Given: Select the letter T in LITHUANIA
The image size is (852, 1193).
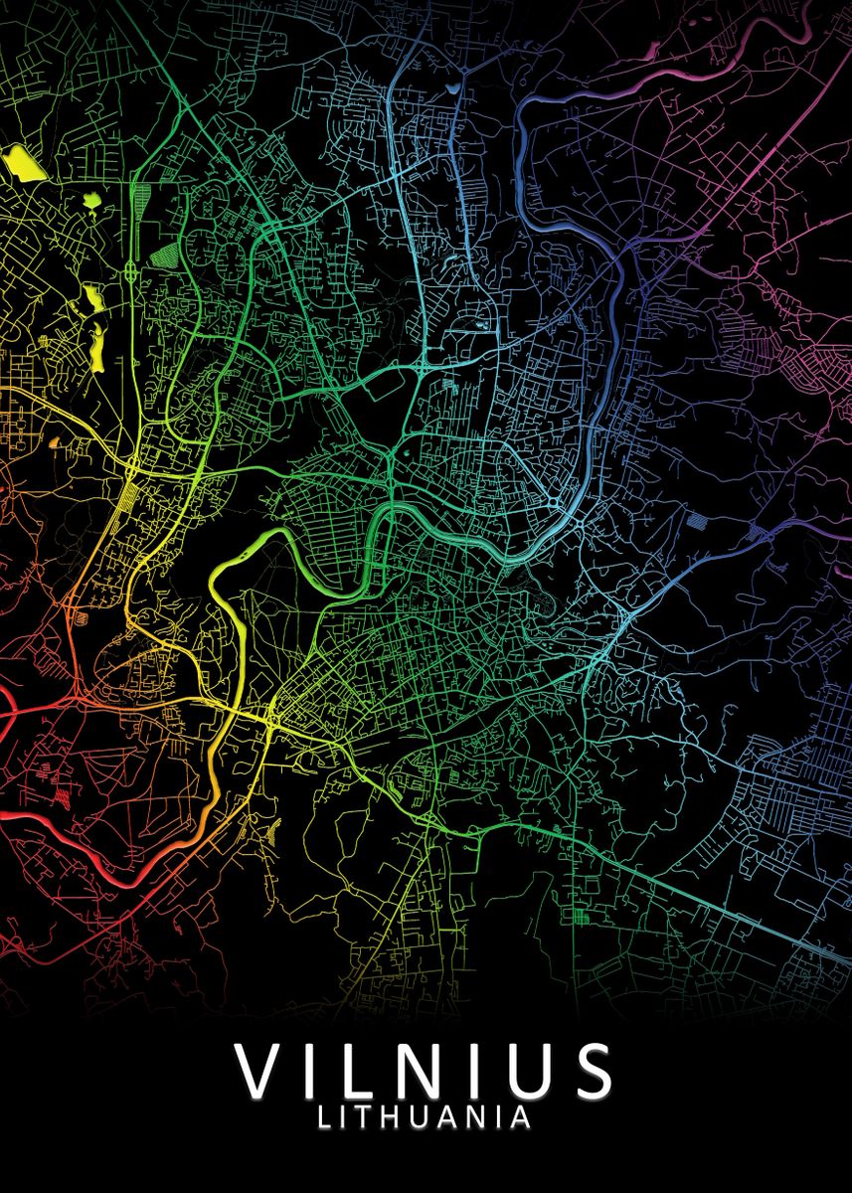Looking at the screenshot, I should click(362, 1117).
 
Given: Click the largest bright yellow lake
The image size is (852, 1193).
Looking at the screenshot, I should click(20, 160).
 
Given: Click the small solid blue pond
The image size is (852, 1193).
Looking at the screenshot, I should click(454, 87).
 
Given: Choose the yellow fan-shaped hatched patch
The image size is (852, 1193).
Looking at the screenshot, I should click(269, 835).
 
